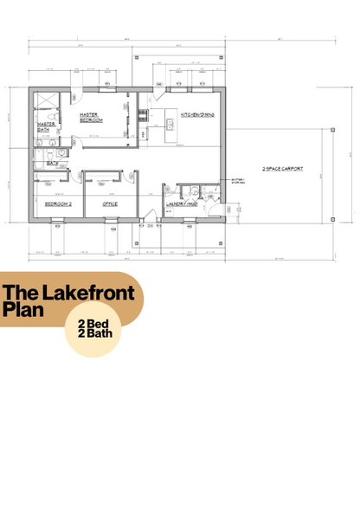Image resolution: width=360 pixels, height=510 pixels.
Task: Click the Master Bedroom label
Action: pyautogui.click(x=89, y=116)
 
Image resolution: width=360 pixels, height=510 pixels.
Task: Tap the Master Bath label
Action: pyautogui.click(x=46, y=126)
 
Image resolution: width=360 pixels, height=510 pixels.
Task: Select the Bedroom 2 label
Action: pyautogui.click(x=58, y=203)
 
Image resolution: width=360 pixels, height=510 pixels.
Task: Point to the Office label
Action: pyautogui.click(x=110, y=203)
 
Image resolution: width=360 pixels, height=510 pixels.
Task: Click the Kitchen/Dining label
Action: pyautogui.click(x=197, y=114)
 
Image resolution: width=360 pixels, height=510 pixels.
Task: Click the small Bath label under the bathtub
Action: pyautogui.click(x=52, y=162)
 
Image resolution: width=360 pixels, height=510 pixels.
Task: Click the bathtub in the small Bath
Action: pyautogui.click(x=45, y=153)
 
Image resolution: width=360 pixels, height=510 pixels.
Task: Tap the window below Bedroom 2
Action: pyautogui.click(x=57, y=222)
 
